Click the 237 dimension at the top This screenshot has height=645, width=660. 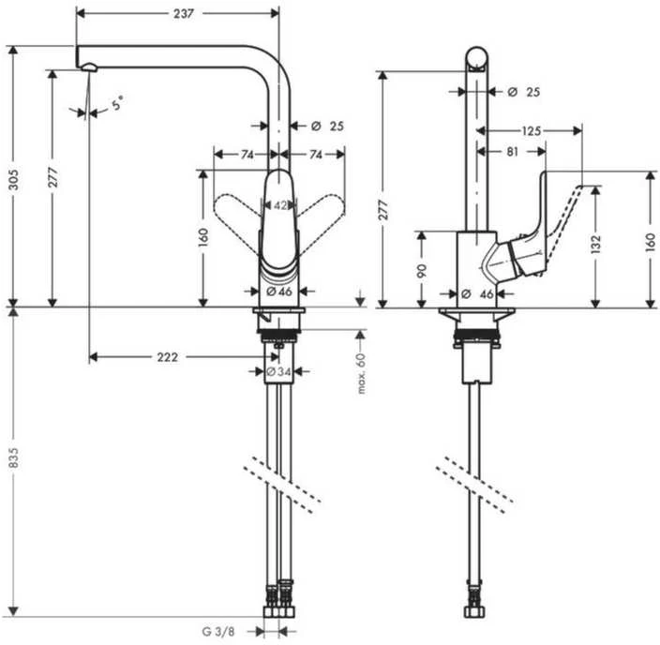click(x=184, y=13)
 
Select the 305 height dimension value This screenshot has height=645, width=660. click(x=13, y=179)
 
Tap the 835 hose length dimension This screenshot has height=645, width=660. click(x=13, y=458)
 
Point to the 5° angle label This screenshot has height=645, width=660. click(x=117, y=103)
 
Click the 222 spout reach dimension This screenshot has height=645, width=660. click(x=167, y=357)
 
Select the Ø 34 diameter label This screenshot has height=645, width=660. click(x=278, y=372)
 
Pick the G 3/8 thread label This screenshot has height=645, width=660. click(x=218, y=632)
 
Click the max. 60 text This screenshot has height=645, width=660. click(x=361, y=374)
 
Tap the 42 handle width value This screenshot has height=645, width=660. click(x=280, y=205)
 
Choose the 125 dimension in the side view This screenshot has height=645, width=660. click(x=531, y=131)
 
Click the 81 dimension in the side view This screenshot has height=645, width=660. click(x=512, y=152)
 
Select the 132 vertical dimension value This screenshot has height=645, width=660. click(x=595, y=244)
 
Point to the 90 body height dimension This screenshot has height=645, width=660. click(x=422, y=270)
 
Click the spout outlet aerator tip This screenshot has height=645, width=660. click(x=90, y=67)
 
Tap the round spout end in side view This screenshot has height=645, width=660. click(x=477, y=58)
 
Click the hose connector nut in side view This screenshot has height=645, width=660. click(x=475, y=611)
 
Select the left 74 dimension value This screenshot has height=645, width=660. click(x=247, y=155)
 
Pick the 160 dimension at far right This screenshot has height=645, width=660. click(x=651, y=243)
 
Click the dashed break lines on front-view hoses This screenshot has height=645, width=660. click(x=282, y=484)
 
